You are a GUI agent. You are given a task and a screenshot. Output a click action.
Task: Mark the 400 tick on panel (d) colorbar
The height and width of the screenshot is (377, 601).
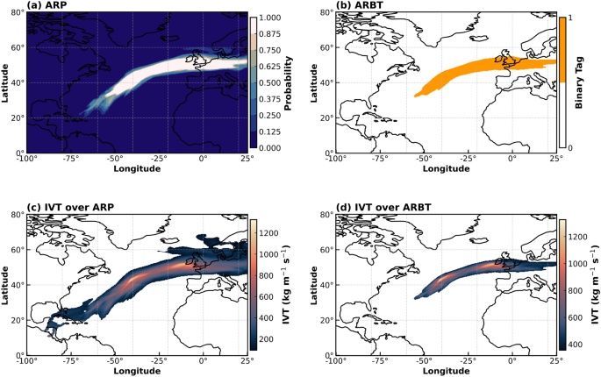[575, 344]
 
